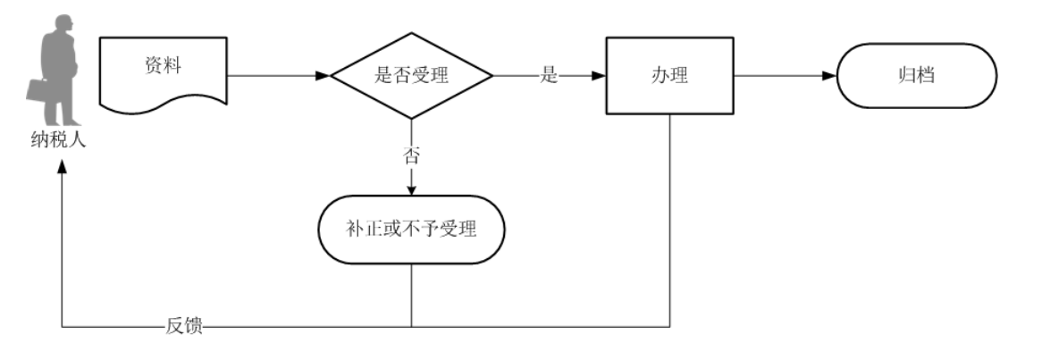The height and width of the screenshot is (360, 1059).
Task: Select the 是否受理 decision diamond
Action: (411, 76)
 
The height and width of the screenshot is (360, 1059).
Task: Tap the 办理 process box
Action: (669, 76)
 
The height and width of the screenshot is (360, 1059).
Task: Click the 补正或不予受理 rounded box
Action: (411, 230)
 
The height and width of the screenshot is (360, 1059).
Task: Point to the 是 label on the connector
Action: (549, 76)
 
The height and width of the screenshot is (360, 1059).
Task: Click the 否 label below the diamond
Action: (411, 155)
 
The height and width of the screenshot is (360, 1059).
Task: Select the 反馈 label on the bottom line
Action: (184, 327)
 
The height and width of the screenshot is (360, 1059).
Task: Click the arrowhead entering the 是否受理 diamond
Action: (324, 76)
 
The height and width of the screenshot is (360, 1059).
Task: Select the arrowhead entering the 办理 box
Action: (599, 76)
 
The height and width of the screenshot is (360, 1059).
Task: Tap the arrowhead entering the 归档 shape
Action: (829, 76)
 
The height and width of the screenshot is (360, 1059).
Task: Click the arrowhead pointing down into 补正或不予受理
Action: (411, 189)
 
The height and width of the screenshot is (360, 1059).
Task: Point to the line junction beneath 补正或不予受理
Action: (411, 327)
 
